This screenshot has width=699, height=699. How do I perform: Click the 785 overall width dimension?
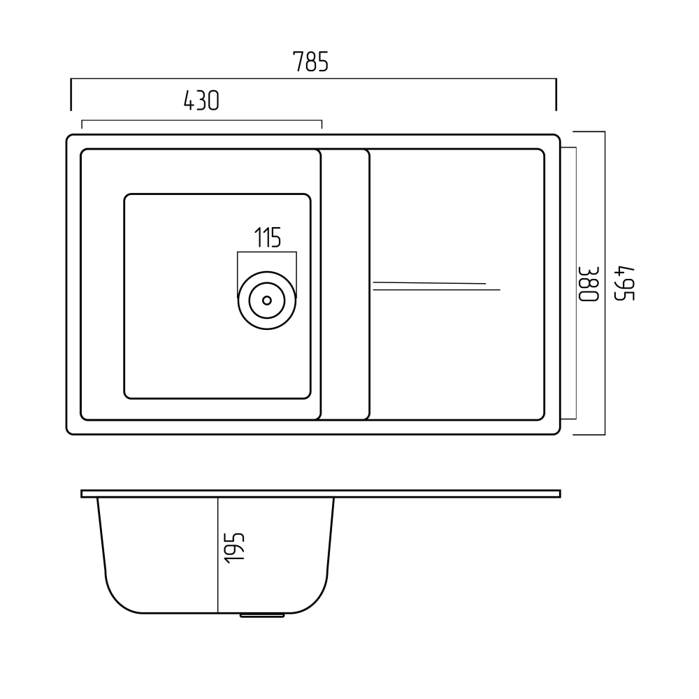311,62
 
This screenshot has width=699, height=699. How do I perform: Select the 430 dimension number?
201,100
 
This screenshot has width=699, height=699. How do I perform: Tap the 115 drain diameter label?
268,237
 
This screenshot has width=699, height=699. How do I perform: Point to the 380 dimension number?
589,284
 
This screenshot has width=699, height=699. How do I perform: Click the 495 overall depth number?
624,284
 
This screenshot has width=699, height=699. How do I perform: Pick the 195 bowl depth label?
234,548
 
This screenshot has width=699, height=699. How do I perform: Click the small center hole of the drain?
267,301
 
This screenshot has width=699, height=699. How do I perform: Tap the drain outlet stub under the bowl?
262,615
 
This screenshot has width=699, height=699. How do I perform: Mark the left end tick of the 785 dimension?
71,94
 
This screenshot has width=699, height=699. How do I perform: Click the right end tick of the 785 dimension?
556,94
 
